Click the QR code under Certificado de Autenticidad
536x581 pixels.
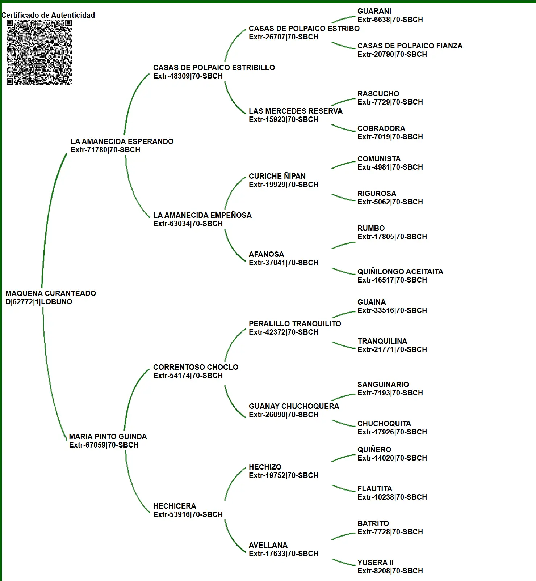[39, 52]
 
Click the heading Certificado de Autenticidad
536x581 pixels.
[48, 15]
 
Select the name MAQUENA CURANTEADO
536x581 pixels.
[51, 293]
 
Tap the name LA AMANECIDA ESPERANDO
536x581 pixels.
[122, 141]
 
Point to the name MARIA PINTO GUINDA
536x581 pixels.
[108, 436]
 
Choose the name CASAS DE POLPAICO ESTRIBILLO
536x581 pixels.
[214, 67]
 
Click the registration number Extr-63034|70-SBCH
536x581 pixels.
[188, 224]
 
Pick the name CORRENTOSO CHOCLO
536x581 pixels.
[196, 367]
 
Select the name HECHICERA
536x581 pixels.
[175, 506]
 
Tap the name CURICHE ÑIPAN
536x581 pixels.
[277, 176]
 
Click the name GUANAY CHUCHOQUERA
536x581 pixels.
[294, 406]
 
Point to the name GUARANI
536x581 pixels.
[374, 11]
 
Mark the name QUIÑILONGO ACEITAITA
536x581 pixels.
[401, 271]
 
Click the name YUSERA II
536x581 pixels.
[376, 562]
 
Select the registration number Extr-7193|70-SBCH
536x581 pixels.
[390, 393]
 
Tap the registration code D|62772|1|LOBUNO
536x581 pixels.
[39, 302]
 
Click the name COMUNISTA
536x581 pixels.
[379, 158]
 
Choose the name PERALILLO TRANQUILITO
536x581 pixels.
[295, 323]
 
